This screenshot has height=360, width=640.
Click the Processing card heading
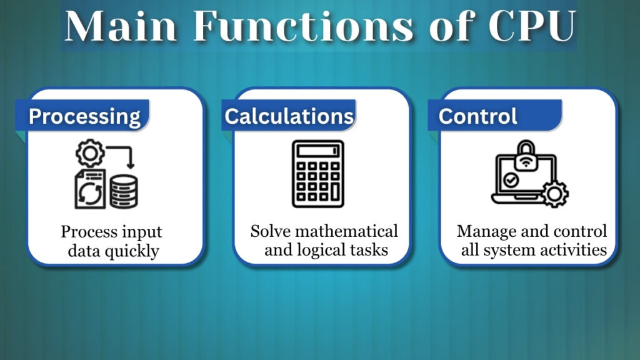pos(84,116)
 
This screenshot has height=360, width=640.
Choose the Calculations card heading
pos(289,116)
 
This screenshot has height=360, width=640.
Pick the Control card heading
pos(478,116)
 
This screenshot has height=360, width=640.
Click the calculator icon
pos(317,174)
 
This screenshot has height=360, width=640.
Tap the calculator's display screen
pos(317,152)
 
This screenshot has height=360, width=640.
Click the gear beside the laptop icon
pos(555,193)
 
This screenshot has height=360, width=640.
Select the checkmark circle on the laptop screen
pos(511,181)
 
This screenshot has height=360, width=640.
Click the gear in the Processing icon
pos(89,153)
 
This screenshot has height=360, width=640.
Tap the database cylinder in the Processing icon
pos(124,191)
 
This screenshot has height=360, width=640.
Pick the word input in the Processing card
pos(141,232)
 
